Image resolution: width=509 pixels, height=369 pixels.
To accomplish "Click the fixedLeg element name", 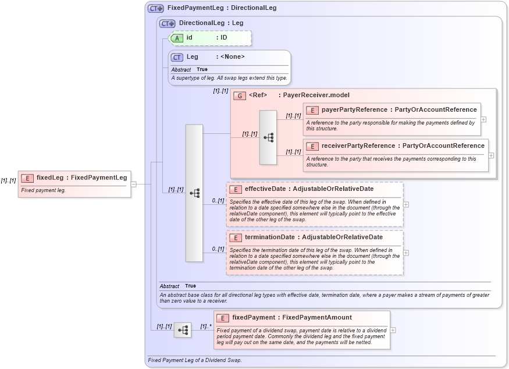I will (x=49, y=178).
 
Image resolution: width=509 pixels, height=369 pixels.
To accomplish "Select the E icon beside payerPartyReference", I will (x=312, y=109).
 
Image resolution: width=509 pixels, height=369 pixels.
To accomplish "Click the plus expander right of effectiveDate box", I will (x=406, y=204).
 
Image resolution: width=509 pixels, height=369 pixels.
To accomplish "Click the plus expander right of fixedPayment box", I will (x=393, y=330).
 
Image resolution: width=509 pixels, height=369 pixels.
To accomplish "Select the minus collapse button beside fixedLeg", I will (x=134, y=184).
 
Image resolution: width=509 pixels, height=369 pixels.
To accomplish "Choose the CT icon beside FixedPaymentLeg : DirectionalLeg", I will (x=155, y=8).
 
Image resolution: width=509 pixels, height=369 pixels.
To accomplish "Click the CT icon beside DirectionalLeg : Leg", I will (x=167, y=23).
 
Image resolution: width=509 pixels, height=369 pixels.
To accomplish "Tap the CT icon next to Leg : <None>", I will (x=177, y=57).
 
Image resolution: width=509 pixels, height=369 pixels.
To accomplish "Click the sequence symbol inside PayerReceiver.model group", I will (x=268, y=137).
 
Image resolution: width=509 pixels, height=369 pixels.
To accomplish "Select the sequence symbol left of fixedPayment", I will (x=183, y=330).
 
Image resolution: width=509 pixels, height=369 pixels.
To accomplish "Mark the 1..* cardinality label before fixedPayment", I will (x=206, y=327).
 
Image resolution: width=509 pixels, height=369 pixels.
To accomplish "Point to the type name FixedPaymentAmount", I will (x=316, y=317).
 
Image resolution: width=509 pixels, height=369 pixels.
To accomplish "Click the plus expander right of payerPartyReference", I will (x=483, y=119).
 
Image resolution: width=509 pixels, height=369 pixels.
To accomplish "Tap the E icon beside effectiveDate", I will (x=236, y=189).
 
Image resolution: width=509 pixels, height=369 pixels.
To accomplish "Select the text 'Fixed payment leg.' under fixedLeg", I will (x=43, y=190).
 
